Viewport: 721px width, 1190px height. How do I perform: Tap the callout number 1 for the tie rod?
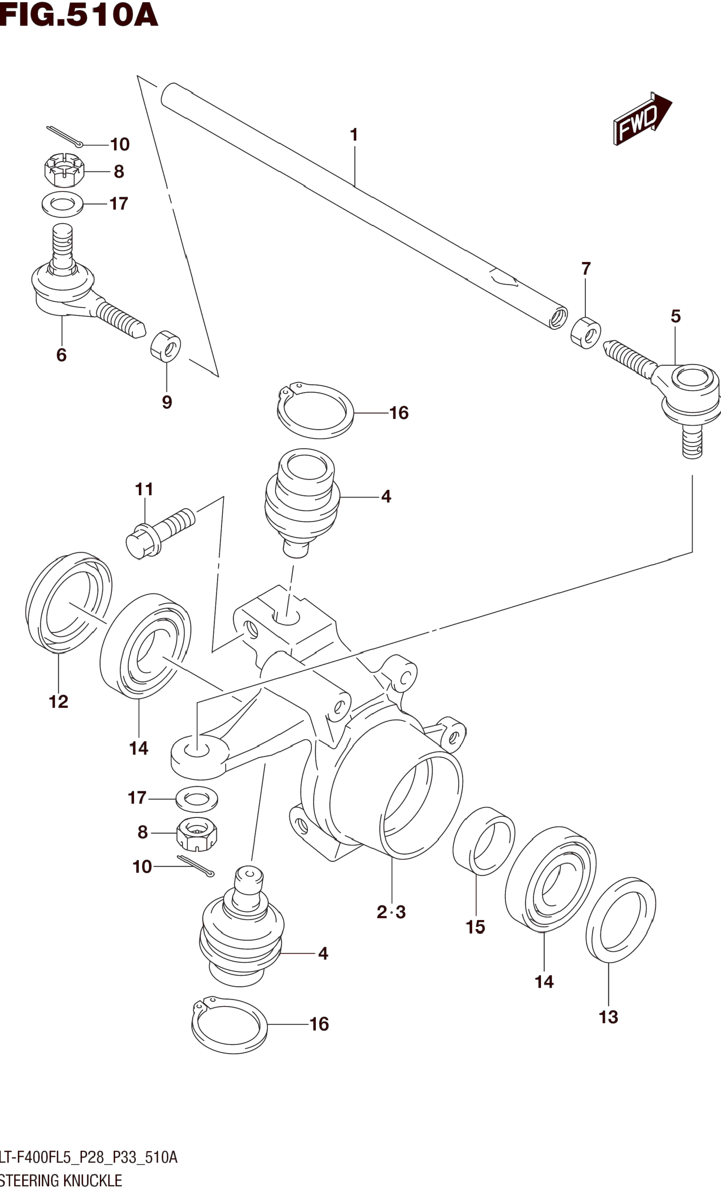pos(354,135)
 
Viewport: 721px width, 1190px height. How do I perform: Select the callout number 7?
pos(586,269)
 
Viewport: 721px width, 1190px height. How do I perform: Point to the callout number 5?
pos(675,316)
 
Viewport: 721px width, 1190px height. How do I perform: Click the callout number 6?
pos(61,355)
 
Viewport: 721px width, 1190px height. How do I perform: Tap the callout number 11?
pos(144,489)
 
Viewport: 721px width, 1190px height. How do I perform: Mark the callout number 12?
pos(59,701)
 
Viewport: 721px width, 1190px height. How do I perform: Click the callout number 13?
pos(609,1017)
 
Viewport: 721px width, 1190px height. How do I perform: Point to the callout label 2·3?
pos(391,912)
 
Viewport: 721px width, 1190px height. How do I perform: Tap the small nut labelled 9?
pos(166,346)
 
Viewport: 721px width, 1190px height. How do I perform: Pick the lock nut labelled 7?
pos(586,332)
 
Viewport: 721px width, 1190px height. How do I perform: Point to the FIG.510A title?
pos(79,15)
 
